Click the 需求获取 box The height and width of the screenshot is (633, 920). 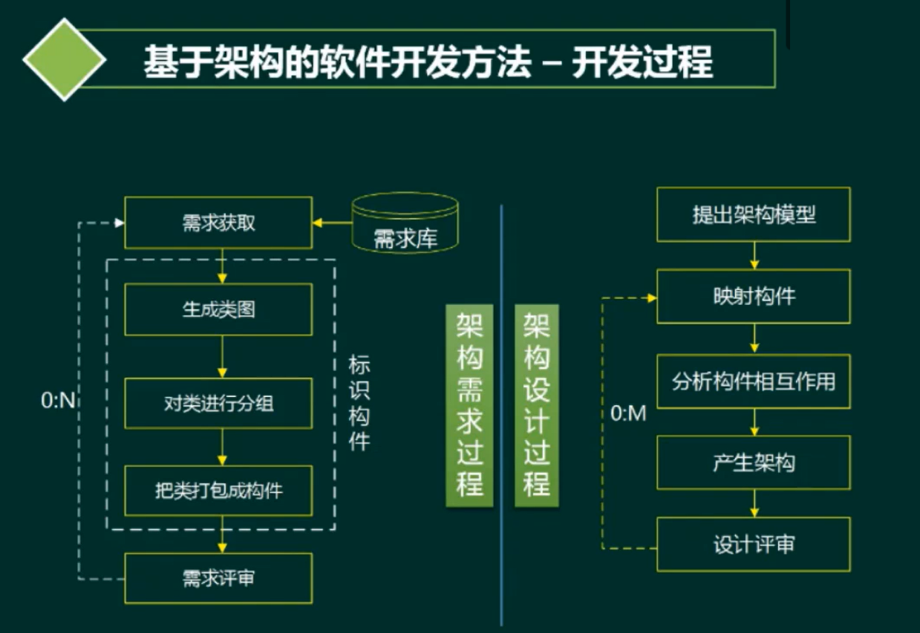click(218, 223)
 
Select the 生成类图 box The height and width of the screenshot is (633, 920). click(218, 309)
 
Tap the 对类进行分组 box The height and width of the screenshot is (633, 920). click(218, 403)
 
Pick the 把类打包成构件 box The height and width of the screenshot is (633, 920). click(218, 491)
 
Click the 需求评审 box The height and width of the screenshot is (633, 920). click(218, 577)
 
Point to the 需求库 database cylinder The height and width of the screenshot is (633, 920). click(405, 223)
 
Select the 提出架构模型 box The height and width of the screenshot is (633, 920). click(754, 215)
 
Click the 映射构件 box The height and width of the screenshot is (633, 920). click(754, 296)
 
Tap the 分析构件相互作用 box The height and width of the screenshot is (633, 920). click(754, 381)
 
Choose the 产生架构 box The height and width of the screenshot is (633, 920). click(754, 463)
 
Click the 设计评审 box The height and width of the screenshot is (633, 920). click(754, 544)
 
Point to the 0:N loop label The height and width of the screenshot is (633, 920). click(59, 401)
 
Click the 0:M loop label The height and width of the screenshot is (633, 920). click(628, 413)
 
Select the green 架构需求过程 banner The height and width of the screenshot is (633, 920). click(469, 404)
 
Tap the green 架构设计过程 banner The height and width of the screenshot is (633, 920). click(537, 404)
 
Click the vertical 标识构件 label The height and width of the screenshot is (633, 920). click(359, 404)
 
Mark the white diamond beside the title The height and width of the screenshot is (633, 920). click(65, 59)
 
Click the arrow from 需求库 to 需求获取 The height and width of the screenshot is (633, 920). click(331, 223)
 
